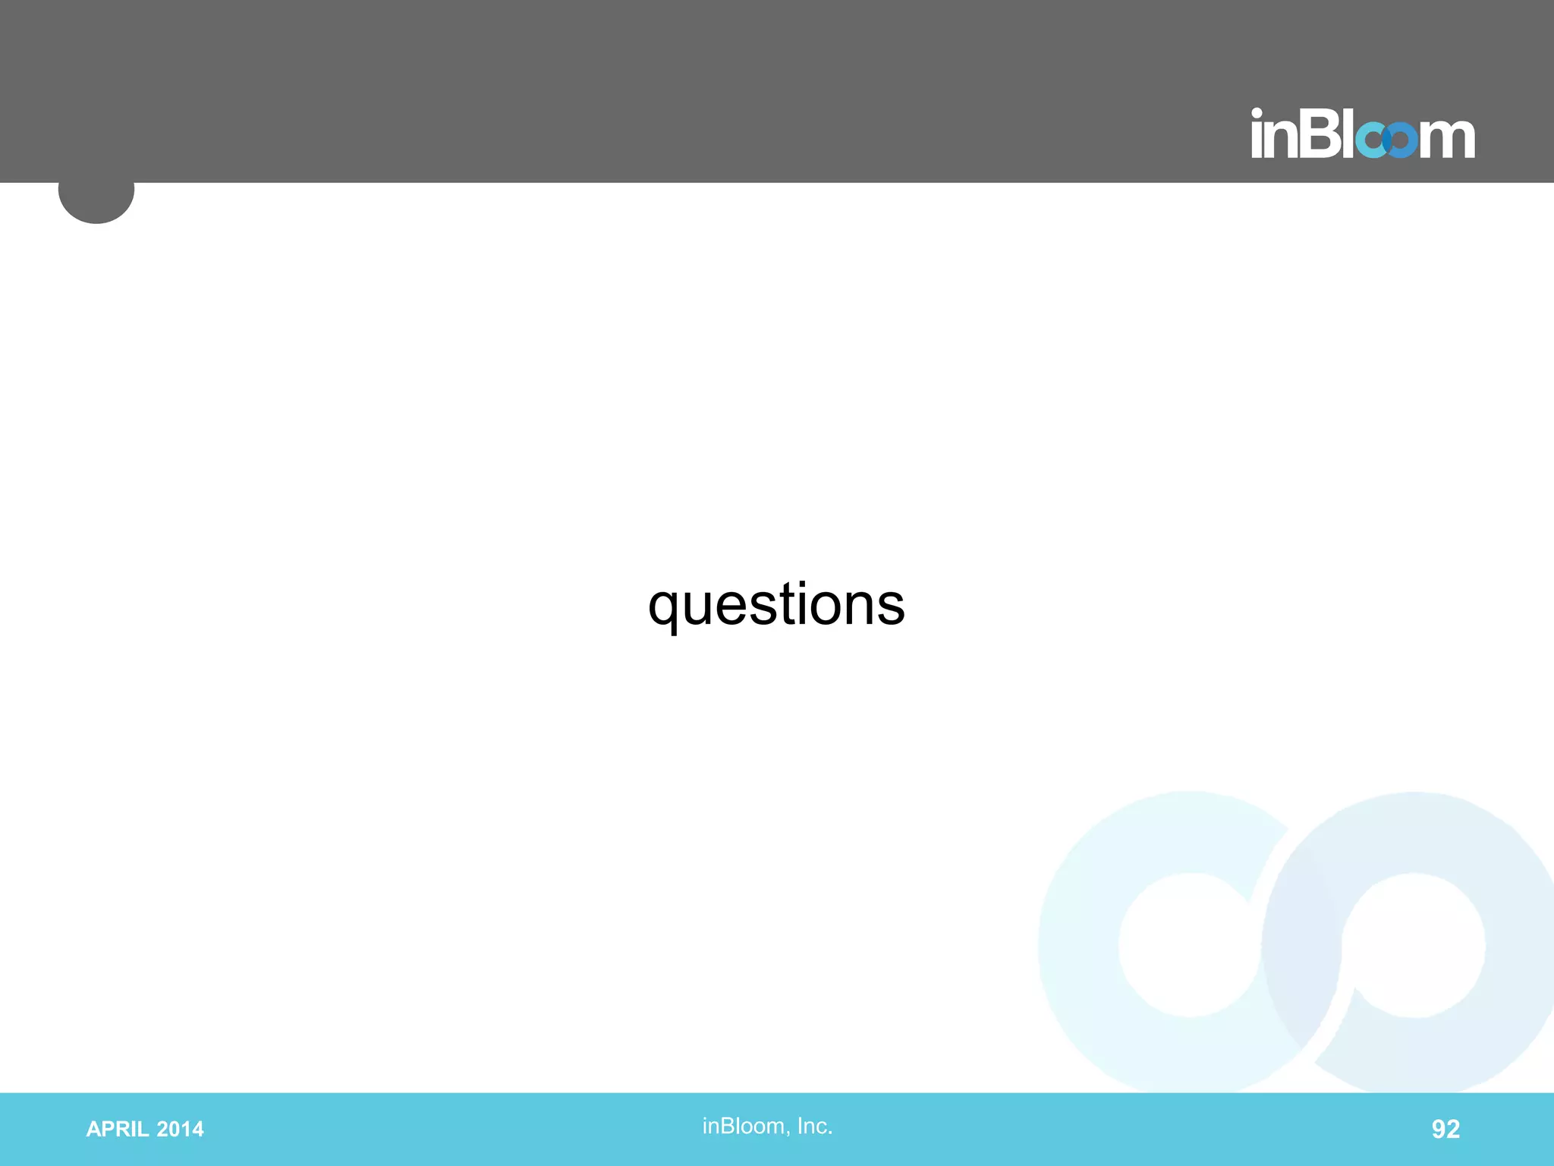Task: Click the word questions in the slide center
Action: click(x=776, y=605)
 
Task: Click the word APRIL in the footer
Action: click(x=118, y=1130)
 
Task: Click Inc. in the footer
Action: click(x=815, y=1126)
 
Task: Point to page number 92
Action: click(x=1445, y=1130)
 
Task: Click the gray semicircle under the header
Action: click(x=96, y=201)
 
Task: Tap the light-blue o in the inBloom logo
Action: click(x=1372, y=140)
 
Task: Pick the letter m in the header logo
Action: click(x=1447, y=139)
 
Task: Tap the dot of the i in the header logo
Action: click(x=1257, y=114)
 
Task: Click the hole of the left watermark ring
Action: click(x=1190, y=945)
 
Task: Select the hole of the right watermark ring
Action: click(x=1414, y=945)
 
